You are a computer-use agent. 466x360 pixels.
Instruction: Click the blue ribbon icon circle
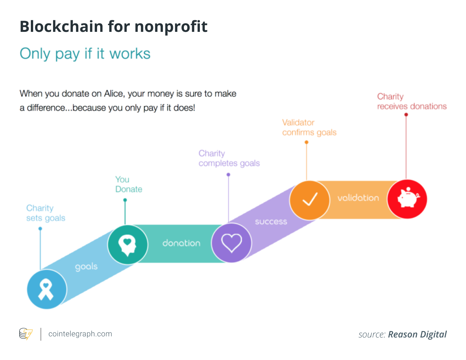(x=47, y=289)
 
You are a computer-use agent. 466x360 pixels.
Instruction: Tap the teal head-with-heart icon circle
(x=128, y=245)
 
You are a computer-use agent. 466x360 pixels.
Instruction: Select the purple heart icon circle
(x=231, y=243)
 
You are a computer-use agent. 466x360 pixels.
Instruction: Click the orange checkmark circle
(x=310, y=200)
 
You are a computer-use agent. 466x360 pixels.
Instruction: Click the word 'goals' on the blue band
(x=86, y=267)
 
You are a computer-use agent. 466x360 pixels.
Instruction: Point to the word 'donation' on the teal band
(x=181, y=243)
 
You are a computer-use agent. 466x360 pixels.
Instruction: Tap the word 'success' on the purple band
(x=271, y=222)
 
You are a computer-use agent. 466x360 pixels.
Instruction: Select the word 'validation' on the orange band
(x=358, y=198)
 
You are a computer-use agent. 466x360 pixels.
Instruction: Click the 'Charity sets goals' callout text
(x=46, y=213)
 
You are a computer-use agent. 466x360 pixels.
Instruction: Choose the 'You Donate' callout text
(x=129, y=184)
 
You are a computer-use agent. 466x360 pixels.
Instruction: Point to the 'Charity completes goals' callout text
(x=229, y=158)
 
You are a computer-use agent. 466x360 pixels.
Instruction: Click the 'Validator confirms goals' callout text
(x=309, y=127)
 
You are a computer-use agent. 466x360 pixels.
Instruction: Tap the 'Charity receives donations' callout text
(x=412, y=101)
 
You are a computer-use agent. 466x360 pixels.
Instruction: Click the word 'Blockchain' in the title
(x=61, y=26)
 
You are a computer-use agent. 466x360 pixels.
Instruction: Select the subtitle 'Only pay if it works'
(x=85, y=54)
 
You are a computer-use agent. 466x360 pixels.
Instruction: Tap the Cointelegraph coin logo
(x=26, y=334)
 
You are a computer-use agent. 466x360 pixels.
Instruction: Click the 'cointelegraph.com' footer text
(x=80, y=334)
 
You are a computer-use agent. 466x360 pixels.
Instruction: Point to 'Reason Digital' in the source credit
(x=417, y=335)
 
